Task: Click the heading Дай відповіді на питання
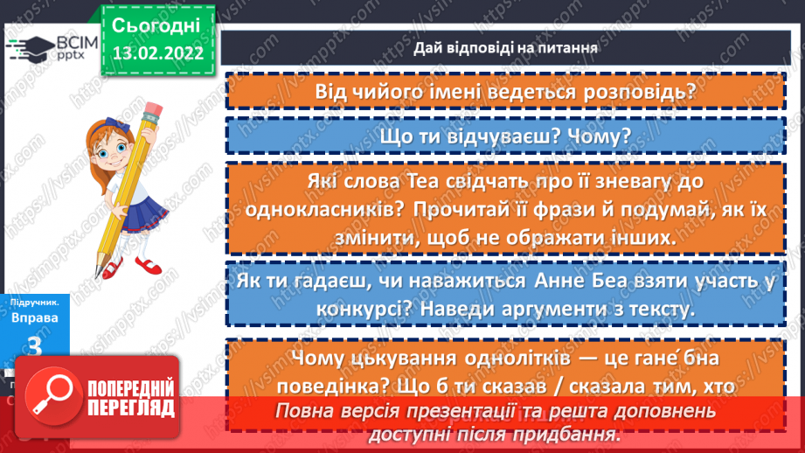point(506,48)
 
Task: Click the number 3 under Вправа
point(35,346)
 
